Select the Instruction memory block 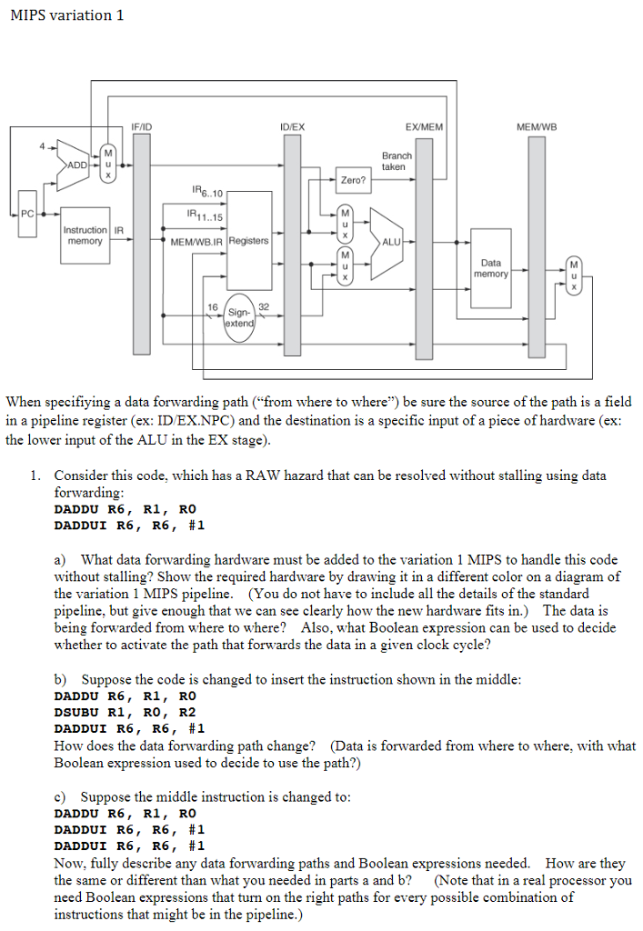[x=85, y=235]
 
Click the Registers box [x=249, y=241]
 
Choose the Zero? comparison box [x=353, y=179]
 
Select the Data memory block [x=491, y=268]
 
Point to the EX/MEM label [x=423, y=126]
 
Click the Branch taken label [x=397, y=161]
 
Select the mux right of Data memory [x=573, y=274]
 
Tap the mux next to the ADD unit [x=108, y=164]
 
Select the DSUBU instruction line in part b [x=126, y=712]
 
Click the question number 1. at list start [x=35, y=476]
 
